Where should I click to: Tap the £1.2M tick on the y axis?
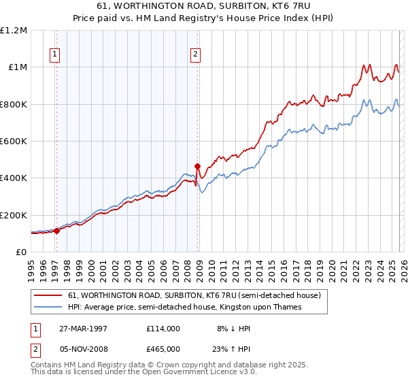tap(14, 31)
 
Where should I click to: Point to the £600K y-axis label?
tap(14, 142)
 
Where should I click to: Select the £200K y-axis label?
tap(14, 215)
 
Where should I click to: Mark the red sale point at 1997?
tap(57, 231)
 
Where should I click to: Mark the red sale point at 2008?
tap(197, 166)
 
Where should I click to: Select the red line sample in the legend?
tap(48, 296)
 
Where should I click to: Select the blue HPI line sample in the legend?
tap(48, 308)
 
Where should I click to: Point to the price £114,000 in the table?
tap(163, 328)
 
